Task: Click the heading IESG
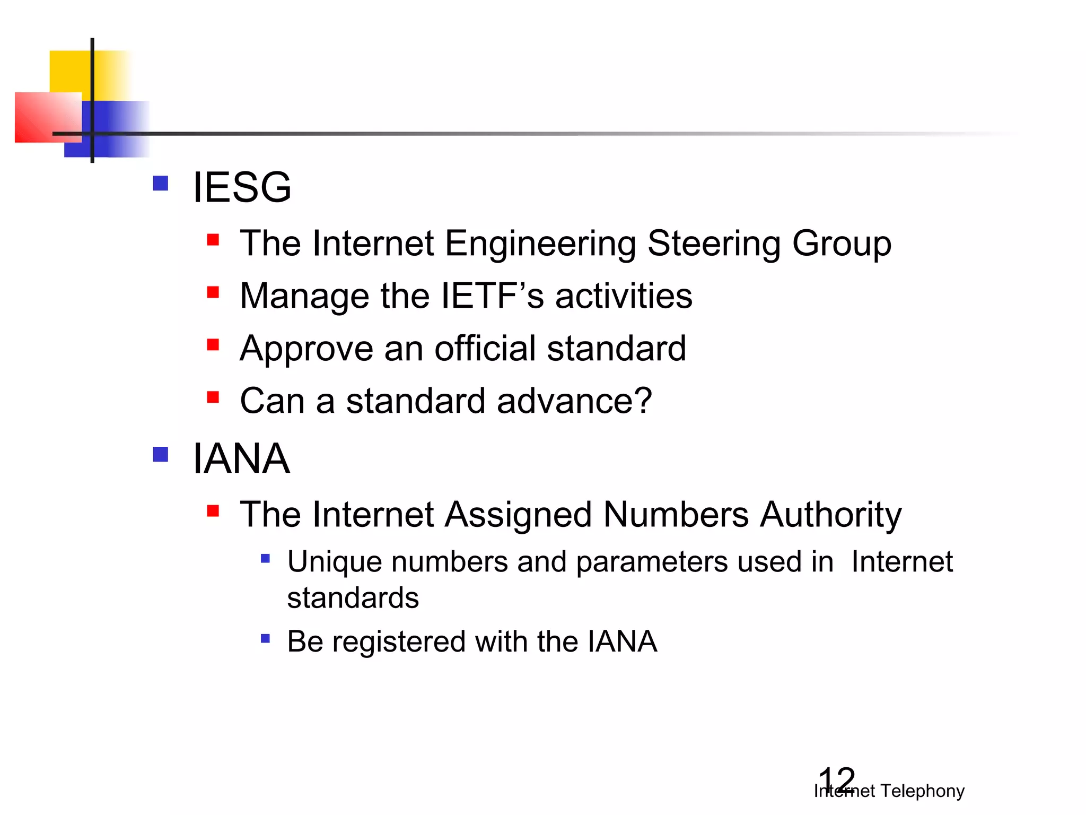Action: tap(242, 187)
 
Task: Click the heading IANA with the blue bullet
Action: tap(241, 458)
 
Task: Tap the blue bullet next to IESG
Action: tap(160, 184)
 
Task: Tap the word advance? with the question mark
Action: tap(574, 401)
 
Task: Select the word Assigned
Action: tap(518, 515)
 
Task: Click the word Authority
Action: tap(830, 515)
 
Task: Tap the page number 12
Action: tap(837, 780)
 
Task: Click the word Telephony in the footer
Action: tap(922, 791)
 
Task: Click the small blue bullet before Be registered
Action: tap(266, 638)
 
